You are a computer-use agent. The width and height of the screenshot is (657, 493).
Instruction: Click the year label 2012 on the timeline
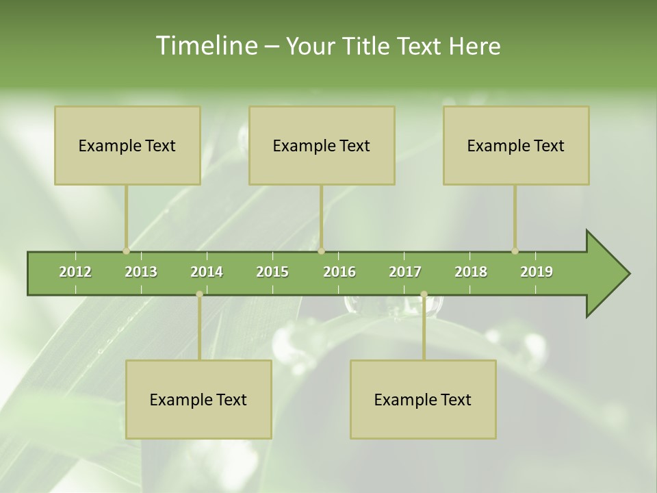75,272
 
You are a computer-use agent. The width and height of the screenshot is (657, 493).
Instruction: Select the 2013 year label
141,272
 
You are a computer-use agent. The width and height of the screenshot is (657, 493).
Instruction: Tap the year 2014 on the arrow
207,272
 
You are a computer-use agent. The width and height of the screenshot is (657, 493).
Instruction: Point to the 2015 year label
272,272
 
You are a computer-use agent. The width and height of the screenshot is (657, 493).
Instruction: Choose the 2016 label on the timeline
339,272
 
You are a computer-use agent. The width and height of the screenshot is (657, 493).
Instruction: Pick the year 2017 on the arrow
405,272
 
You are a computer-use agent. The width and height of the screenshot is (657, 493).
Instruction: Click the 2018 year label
471,272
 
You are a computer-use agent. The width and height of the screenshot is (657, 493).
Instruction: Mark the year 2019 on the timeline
537,272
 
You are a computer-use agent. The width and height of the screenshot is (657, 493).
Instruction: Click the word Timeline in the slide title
205,46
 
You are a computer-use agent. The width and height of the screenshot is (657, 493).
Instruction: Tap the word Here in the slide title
474,46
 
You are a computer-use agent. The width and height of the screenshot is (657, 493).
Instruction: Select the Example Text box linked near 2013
127,145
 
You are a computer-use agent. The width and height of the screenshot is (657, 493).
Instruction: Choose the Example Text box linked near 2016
322,145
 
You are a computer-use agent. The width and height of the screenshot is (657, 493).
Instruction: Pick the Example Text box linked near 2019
516,145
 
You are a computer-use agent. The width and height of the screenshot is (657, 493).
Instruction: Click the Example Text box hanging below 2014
198,399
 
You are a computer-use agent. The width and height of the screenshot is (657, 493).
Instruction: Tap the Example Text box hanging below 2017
423,399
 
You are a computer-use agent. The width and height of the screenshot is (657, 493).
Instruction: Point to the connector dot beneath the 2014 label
199,294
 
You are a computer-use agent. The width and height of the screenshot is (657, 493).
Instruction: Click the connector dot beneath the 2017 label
424,294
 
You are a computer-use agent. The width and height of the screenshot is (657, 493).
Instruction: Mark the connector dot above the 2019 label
515,251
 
